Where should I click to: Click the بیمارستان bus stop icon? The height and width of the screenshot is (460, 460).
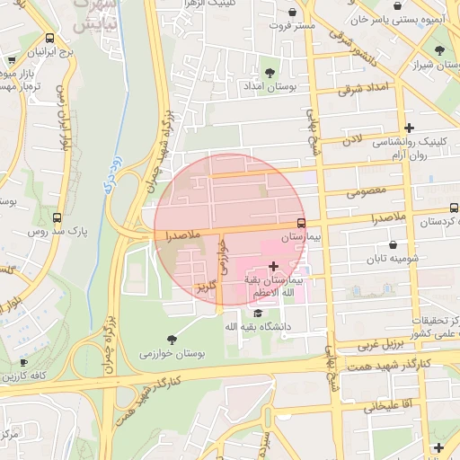[301, 223]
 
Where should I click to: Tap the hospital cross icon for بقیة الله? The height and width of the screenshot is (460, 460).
[273, 266]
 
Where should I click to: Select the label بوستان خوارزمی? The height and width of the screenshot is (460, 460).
[173, 354]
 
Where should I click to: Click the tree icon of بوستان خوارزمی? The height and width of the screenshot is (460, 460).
[145, 354]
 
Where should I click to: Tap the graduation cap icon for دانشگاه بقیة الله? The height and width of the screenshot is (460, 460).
[259, 313]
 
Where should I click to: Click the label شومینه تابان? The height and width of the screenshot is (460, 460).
[394, 259]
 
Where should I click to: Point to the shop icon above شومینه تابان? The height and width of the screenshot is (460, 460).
[394, 244]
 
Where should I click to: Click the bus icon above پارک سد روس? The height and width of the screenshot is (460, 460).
[57, 217]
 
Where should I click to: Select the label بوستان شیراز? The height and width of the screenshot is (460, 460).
[437, 65]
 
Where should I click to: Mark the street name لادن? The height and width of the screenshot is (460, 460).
[352, 140]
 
